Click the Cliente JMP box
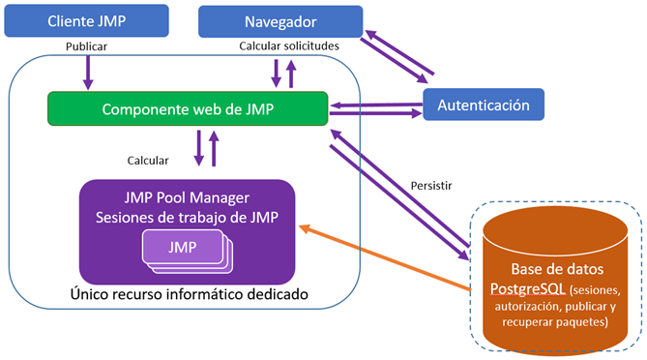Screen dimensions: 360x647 click(x=85, y=19)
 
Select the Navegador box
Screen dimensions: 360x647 click(x=280, y=20)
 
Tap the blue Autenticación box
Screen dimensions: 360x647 click(x=483, y=104)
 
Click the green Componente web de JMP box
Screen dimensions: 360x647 click(x=188, y=109)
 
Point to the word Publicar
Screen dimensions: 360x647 click(x=86, y=45)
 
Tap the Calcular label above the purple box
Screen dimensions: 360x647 click(x=148, y=160)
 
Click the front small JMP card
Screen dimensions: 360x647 click(x=181, y=247)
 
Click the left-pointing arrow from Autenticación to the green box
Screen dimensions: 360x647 click(x=376, y=102)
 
